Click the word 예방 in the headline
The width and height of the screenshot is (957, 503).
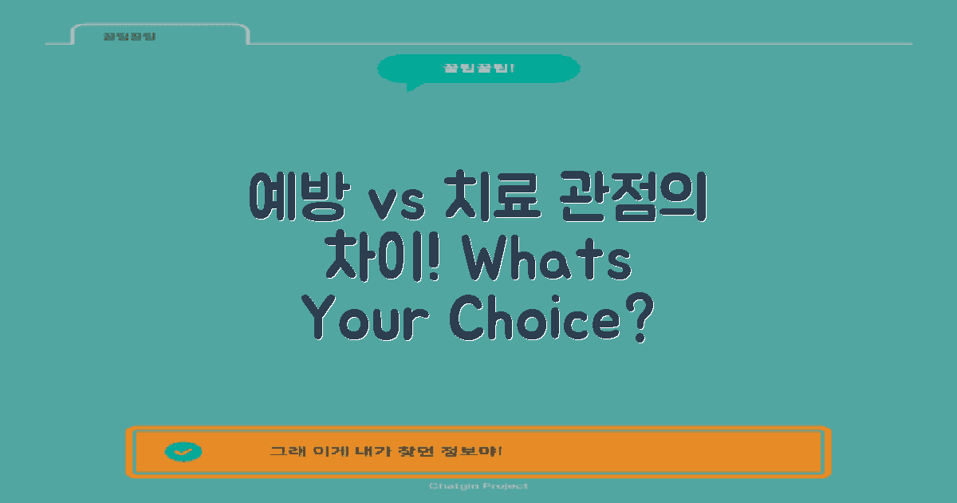tap(296, 196)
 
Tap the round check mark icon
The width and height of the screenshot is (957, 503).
tap(183, 452)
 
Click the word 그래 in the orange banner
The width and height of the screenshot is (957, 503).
tap(282, 452)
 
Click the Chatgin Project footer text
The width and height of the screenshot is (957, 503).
tap(478, 486)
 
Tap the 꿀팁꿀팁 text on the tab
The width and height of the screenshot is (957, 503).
tap(129, 37)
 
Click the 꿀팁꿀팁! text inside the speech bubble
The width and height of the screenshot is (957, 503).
tap(478, 68)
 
